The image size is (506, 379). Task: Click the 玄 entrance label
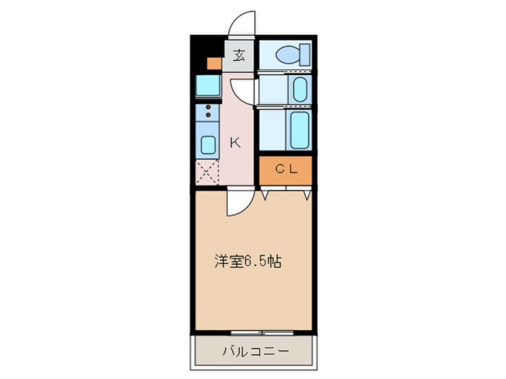pos(239,56)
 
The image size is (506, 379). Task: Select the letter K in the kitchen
pos(235,142)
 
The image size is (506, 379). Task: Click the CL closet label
pos(285,170)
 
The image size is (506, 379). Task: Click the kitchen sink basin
pos(208,145)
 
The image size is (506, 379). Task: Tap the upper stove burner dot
pos(208,107)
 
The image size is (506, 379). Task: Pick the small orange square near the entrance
pos(214,63)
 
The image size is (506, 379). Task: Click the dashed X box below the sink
pos(208,173)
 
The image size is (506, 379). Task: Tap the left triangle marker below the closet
pos(264,195)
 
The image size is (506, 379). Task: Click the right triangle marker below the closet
pos(307,195)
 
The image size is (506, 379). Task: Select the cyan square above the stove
pos(208,86)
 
